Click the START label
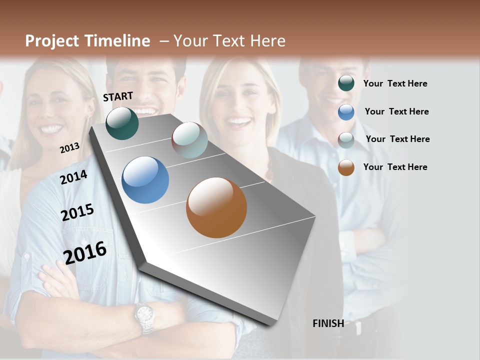tap(118, 96)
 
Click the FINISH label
tap(328, 323)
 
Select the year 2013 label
tap(69, 147)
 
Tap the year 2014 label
tap(73, 177)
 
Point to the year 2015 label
tap(77, 212)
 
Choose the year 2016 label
tap(85, 252)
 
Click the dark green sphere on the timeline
tap(122, 123)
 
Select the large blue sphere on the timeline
tap(145, 180)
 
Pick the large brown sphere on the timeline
tap(216, 207)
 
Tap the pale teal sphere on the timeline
tap(189, 140)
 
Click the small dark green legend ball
tap(346, 83)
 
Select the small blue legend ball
tap(346, 112)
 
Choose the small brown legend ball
tap(346, 167)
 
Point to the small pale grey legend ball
tap(346, 140)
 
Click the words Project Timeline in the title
tap(87, 41)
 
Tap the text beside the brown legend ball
tap(395, 167)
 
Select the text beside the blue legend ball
tap(397, 111)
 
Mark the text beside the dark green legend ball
tap(395, 83)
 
